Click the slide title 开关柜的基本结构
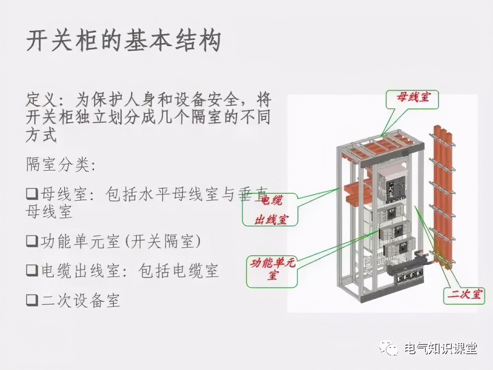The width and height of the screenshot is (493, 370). tap(123, 40)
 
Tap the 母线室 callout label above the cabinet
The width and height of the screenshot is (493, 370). tap(413, 97)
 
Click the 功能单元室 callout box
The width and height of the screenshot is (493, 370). tap(272, 269)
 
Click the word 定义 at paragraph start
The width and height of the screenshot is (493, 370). tap(40, 101)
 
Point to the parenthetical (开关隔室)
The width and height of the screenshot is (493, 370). tap(162, 241)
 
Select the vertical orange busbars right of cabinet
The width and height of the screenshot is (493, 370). tap(442, 193)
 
